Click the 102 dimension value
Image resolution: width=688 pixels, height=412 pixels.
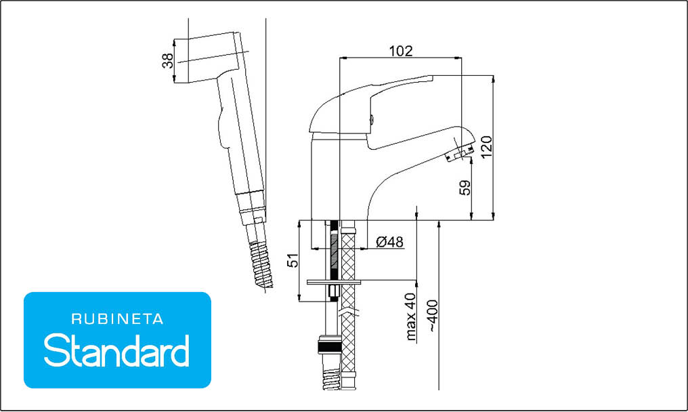tap(401, 51)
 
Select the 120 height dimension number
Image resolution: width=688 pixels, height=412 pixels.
tap(487, 146)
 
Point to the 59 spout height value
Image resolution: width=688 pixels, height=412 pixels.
tap(465, 188)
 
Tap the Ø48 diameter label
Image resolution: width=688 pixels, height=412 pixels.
tap(389, 242)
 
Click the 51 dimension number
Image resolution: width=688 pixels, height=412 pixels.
tap(293, 260)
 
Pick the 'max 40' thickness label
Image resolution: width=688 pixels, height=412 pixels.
tap(410, 317)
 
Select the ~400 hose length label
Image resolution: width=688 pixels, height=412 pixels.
tap(433, 315)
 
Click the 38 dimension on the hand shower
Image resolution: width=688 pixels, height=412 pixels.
tap(168, 60)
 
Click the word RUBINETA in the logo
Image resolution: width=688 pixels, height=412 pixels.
tap(117, 319)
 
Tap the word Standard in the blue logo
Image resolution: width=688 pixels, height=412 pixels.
tap(116, 350)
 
